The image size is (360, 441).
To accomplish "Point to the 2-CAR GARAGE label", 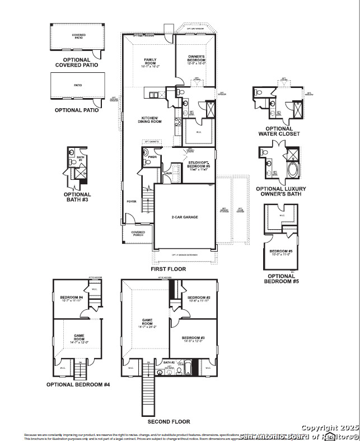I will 185,217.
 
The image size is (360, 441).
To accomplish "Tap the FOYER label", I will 131,202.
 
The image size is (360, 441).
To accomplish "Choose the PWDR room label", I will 152,157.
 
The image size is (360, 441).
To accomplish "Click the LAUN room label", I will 167,173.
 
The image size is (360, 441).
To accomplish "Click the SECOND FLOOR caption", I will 169,421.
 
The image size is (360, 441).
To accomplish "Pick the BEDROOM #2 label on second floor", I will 198,299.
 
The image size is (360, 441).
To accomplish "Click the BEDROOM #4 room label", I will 72,298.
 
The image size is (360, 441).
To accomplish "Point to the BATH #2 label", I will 169,363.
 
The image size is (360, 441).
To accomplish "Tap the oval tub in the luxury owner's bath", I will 293,170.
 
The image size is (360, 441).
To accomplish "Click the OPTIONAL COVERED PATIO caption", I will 77,62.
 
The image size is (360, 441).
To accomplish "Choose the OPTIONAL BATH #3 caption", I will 77,197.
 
